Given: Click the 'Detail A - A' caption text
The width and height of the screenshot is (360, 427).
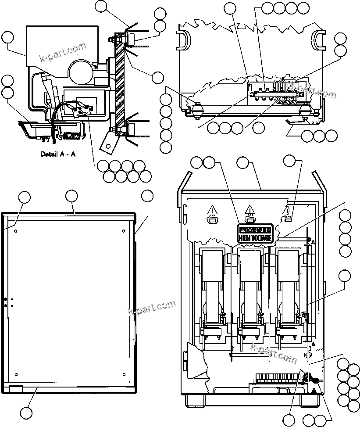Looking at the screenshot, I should coord(58,154).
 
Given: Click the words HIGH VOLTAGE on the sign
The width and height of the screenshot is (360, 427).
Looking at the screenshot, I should coord(255,238).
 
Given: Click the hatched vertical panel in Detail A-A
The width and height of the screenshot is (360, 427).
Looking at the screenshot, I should coord(118,83).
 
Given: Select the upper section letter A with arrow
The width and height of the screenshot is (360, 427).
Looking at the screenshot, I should coord(312,242).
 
